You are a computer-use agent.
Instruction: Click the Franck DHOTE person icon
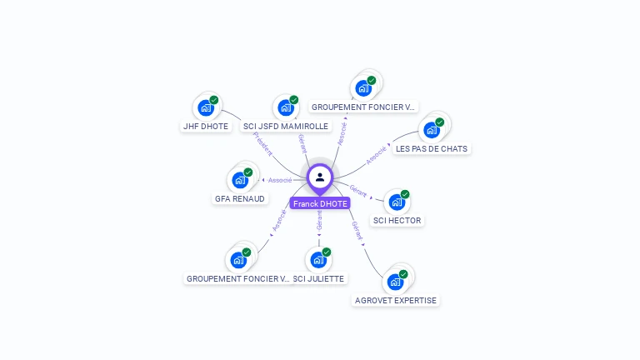pos(320,177)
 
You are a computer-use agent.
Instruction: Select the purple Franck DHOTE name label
pos(320,203)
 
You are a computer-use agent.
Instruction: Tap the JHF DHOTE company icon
pos(205,108)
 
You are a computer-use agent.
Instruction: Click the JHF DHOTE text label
pos(205,127)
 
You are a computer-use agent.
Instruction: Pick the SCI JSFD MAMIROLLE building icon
pos(286,108)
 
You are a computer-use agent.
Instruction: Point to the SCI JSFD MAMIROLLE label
pos(286,127)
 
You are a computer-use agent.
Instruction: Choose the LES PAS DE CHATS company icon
pos(431,130)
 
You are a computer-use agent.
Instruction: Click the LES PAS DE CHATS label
pos(432,149)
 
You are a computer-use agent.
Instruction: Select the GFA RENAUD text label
pos(239,199)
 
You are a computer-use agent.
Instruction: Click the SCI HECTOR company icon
pos(396,202)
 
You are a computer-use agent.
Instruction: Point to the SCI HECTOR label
pos(397,221)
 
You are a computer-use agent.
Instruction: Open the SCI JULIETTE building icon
pos(317,260)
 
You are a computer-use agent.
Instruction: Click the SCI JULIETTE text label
pos(319,278)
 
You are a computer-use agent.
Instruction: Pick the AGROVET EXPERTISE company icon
pos(394,282)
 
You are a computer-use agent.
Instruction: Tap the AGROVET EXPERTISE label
pos(396,300)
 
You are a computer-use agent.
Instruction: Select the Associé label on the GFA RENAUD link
pos(280,180)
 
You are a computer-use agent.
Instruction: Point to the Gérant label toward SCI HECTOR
pos(358,192)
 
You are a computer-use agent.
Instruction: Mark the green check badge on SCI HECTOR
pos(405,194)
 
